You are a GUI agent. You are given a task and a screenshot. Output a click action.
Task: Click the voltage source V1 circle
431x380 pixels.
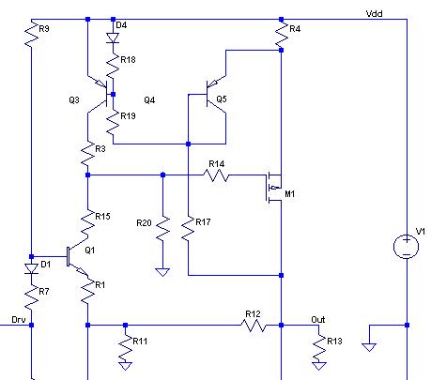click(x=406, y=247)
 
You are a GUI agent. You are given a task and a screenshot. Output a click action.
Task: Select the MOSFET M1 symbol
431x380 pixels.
click(x=274, y=188)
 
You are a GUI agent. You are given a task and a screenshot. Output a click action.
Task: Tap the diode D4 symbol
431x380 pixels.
click(x=113, y=38)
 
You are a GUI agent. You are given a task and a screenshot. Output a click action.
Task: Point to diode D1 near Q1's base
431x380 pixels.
click(x=31, y=268)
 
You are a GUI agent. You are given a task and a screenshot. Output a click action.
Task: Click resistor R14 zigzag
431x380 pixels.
click(x=216, y=175)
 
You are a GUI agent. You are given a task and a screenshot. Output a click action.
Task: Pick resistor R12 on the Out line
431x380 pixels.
click(x=254, y=326)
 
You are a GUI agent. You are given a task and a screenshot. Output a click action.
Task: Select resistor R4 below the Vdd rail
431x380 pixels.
click(x=281, y=35)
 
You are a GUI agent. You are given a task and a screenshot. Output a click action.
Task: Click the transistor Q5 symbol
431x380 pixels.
click(x=216, y=94)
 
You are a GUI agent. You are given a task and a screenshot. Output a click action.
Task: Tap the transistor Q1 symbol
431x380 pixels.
click(x=78, y=257)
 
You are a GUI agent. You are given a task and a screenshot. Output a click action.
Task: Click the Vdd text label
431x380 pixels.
click(x=374, y=13)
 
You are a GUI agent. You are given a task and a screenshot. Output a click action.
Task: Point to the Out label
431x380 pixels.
click(x=317, y=319)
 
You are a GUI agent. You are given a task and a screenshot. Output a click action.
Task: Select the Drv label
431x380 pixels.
click(x=19, y=319)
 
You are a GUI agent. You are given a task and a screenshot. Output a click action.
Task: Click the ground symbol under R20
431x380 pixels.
click(x=162, y=272)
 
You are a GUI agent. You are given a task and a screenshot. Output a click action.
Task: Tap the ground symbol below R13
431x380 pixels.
click(x=319, y=366)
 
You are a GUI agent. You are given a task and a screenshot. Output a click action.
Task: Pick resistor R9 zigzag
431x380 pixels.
click(x=31, y=35)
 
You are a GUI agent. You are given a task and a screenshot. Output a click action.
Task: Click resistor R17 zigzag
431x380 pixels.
click(x=188, y=228)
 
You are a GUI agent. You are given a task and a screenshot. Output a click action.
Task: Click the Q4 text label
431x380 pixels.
click(x=149, y=100)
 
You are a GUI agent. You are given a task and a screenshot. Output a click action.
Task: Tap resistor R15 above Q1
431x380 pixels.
click(x=87, y=222)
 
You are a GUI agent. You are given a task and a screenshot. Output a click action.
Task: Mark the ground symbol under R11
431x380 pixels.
click(x=125, y=366)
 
